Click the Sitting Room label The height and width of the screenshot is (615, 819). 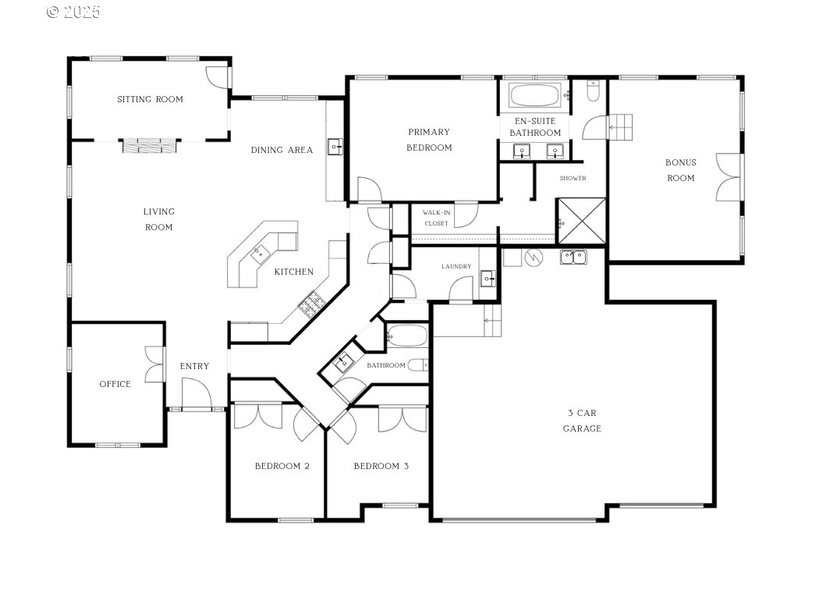(x=150, y=99)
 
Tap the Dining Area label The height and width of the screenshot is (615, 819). (x=282, y=150)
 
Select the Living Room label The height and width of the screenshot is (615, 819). (x=159, y=219)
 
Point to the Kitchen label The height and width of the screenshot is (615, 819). (x=293, y=272)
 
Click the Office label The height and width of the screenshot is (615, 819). (x=115, y=384)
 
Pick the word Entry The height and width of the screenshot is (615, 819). (x=194, y=366)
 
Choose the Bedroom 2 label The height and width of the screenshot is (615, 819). (x=282, y=466)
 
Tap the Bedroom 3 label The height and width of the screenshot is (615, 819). (x=381, y=466)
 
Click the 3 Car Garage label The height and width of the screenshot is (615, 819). (x=582, y=421)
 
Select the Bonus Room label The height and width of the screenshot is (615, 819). (x=681, y=170)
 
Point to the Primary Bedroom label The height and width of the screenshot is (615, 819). (x=429, y=140)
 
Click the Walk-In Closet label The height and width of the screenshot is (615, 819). (x=436, y=218)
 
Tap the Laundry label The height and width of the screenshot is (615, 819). (x=456, y=266)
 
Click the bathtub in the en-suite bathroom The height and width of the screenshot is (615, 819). (x=534, y=96)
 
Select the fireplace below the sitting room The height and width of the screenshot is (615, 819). (x=150, y=145)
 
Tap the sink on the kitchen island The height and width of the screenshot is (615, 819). (x=260, y=255)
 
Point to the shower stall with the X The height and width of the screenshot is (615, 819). (x=582, y=221)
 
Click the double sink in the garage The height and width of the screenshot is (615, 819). (x=573, y=257)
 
